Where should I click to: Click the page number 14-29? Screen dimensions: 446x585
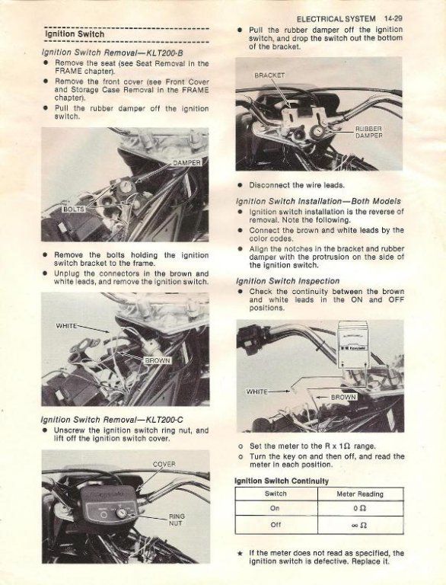[393, 18]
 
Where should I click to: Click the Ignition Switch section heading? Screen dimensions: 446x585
[75, 34]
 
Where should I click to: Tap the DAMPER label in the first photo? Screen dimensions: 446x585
[187, 163]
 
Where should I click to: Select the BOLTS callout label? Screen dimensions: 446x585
[74, 209]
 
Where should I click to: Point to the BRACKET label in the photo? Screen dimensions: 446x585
[269, 75]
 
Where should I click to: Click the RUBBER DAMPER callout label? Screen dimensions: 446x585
[369, 133]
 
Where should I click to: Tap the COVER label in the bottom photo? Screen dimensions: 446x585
[164, 464]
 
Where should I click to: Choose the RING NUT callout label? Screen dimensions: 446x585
[176, 519]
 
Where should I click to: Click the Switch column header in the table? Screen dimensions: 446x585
[276, 494]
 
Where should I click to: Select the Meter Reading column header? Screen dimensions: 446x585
[360, 494]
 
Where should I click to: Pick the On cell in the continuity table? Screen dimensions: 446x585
[275, 508]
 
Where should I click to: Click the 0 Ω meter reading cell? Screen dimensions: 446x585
[359, 508]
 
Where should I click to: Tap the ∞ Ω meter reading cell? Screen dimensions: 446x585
[359, 526]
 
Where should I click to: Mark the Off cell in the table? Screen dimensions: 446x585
[276, 525]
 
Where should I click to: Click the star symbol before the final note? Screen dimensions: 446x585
[241, 553]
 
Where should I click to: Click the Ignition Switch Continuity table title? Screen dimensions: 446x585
[282, 481]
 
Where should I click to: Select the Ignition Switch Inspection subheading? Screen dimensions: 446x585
[288, 281]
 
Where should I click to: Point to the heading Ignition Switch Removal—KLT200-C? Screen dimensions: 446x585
[112, 420]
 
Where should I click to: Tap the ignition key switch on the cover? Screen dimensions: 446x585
[121, 513]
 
